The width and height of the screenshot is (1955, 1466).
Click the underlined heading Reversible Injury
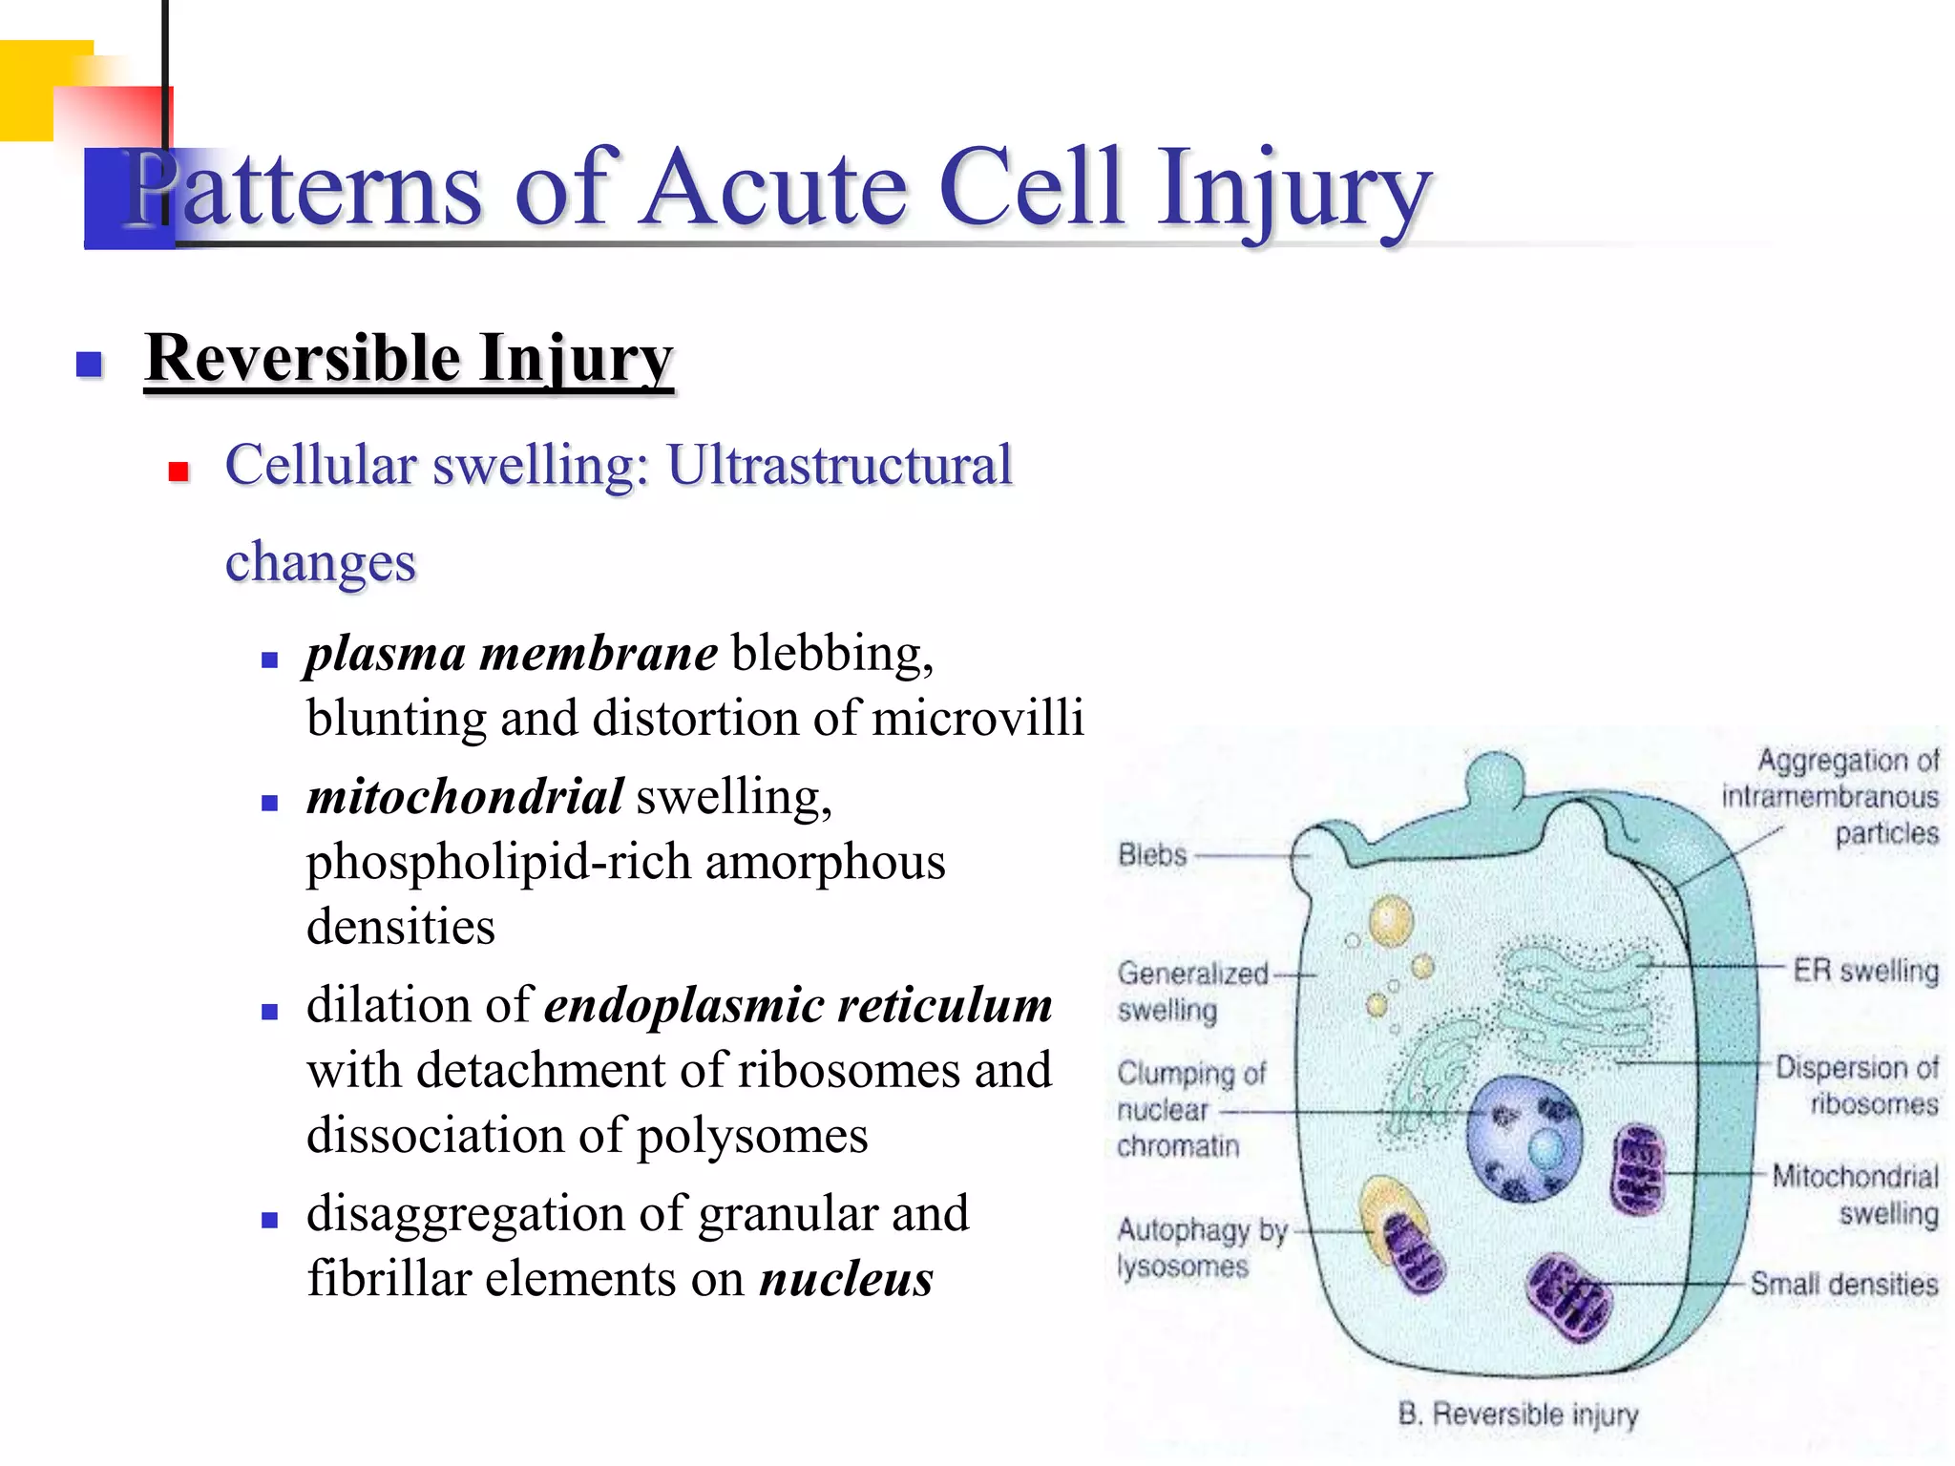410,359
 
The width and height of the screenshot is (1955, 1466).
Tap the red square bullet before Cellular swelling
179,471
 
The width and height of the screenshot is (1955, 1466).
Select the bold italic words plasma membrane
512,655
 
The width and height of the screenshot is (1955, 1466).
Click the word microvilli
977,719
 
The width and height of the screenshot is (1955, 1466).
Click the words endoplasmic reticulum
798,1006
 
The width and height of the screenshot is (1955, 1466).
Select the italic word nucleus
846,1280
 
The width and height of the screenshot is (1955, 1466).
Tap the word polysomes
752,1136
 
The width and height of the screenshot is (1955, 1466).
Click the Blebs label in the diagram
1152,855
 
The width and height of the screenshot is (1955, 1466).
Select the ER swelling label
1864,971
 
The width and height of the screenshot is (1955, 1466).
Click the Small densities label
1843,1285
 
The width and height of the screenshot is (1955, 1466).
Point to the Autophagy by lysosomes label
1201,1247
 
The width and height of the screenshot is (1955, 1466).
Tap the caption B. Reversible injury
1518,1414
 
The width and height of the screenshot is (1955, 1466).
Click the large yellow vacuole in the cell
1391,921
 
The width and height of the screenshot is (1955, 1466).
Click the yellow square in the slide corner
33,91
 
